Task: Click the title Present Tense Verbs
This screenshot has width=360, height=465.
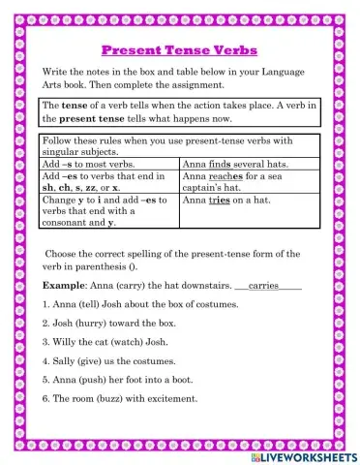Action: (x=180, y=48)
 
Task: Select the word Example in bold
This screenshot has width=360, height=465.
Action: (x=64, y=287)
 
